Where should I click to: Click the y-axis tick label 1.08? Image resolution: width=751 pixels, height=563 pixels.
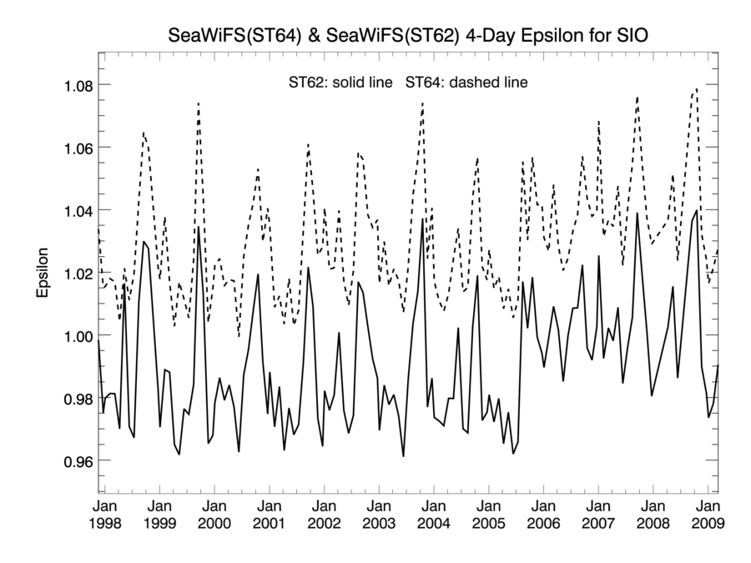(73, 85)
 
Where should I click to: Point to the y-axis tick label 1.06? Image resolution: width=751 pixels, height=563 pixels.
(73, 148)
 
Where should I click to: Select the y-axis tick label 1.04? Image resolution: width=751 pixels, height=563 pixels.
(73, 210)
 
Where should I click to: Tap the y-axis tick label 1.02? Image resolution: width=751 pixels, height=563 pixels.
(73, 273)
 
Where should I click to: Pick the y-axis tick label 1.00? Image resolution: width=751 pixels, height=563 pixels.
(73, 335)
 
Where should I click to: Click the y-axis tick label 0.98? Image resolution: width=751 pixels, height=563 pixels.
(73, 398)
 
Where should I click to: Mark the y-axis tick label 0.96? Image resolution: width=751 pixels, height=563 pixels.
(73, 460)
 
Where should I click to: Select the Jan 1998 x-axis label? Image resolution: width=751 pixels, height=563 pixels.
(105, 515)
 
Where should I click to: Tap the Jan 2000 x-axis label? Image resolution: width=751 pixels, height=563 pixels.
(214, 515)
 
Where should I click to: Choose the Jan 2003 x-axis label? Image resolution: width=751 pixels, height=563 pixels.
(379, 515)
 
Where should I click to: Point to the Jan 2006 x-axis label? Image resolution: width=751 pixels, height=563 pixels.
(543, 515)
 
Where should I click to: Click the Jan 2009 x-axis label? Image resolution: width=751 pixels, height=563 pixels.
(708, 515)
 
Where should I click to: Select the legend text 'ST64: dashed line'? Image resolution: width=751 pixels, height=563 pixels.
(467, 83)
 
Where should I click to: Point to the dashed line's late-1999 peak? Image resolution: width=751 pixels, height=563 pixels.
(199, 103)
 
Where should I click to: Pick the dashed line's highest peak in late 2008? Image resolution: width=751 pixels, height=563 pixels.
(696, 89)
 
